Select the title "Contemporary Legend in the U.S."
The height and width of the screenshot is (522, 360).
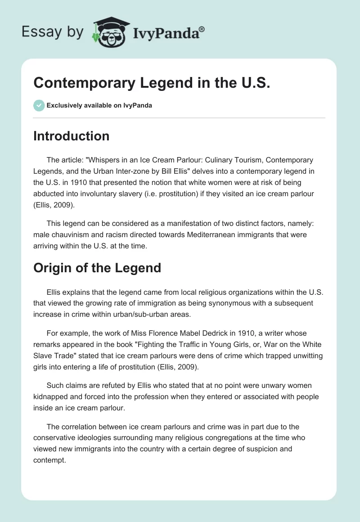[152, 84]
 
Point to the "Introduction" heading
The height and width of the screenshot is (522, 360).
[71, 136]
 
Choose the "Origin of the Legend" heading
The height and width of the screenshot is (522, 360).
[97, 268]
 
